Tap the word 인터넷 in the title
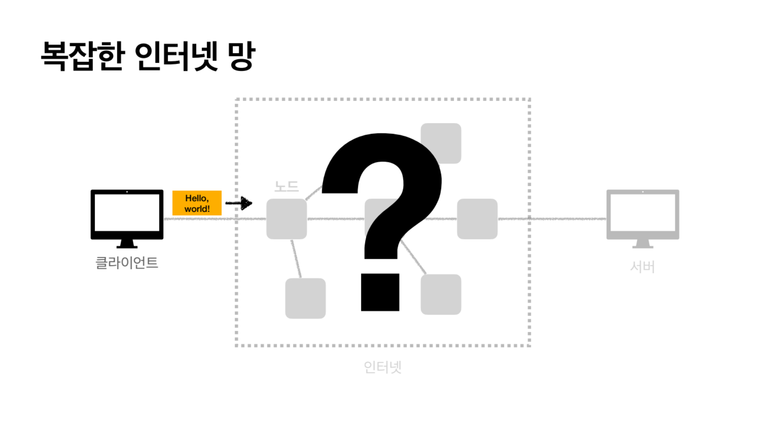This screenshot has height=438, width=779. (176, 56)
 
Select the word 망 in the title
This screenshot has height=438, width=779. (242, 56)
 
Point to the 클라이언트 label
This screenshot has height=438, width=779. (127, 263)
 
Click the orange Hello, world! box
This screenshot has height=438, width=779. (197, 203)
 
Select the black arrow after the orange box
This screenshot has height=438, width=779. (239, 203)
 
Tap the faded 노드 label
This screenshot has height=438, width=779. (286, 186)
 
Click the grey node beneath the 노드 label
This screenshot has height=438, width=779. (286, 219)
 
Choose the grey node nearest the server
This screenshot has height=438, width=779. (477, 219)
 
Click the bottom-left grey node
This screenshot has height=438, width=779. (305, 298)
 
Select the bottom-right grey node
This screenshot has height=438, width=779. (441, 295)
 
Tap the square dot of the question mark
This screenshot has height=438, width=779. (380, 292)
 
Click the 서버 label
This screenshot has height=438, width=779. (642, 267)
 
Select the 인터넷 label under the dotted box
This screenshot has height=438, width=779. (382, 367)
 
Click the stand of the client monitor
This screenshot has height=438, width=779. (127, 244)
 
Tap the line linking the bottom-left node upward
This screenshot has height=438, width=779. (296, 259)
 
